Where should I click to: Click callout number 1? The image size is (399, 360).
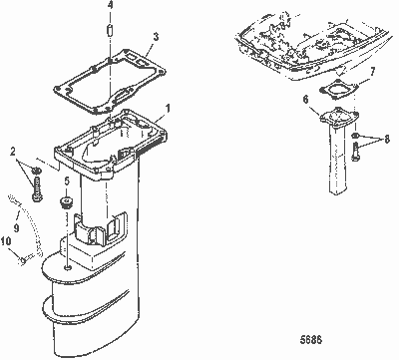(169, 106)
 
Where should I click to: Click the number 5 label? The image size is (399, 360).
(67, 182)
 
